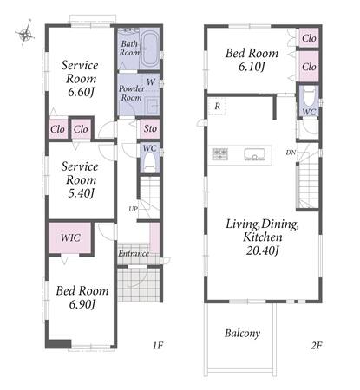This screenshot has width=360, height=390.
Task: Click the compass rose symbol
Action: tap(25, 34)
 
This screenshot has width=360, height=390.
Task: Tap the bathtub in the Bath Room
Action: tap(149, 49)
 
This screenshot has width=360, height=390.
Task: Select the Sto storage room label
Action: tap(150, 128)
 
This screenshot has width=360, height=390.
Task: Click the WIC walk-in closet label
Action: tap(70, 237)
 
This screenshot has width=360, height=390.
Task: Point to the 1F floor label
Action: tap(158, 345)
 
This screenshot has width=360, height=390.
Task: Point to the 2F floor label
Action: tap(317, 345)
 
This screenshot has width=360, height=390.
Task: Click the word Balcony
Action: tap(242, 334)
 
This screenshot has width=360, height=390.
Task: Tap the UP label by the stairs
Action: tap(133, 209)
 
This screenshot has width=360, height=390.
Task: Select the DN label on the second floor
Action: tap(291, 153)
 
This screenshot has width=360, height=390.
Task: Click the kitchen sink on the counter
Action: tap(254, 154)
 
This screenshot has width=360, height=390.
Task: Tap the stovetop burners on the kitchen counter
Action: tap(220, 154)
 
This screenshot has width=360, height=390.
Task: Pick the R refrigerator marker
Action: tap(218, 107)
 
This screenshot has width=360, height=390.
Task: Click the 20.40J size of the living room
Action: tap(262, 250)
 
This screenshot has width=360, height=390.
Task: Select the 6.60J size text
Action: tap(81, 92)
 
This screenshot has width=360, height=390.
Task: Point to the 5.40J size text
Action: tap(81, 193)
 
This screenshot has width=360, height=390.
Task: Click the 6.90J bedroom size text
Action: tap(82, 304)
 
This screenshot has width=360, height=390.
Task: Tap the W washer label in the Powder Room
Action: tap(151, 82)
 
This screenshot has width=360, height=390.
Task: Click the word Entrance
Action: tap(134, 253)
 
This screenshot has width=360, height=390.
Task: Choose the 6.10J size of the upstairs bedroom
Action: tap(252, 67)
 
